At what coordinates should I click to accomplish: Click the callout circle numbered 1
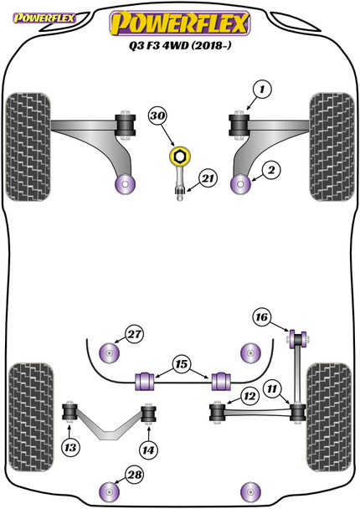tap(262, 89)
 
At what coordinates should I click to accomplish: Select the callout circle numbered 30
tap(158, 116)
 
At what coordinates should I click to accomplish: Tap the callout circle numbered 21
tap(208, 178)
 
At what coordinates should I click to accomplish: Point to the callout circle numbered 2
tap(271, 170)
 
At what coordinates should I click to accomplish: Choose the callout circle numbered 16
tap(262, 316)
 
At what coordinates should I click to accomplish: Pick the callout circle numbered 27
tap(135, 334)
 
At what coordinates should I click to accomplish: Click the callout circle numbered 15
tap(182, 364)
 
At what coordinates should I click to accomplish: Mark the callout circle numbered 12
tap(249, 396)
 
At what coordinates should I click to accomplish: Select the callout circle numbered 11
tap(272, 388)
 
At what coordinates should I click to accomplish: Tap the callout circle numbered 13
tap(70, 448)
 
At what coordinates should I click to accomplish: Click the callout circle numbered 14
tap(148, 450)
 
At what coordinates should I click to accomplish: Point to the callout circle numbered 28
tap(135, 475)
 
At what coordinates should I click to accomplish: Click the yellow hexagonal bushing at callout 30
tap(180, 157)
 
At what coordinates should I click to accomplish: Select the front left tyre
tap(28, 147)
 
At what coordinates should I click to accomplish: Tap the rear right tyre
tap(329, 418)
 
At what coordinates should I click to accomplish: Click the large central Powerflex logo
tap(180, 23)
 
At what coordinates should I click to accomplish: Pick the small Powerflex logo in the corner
tap(44, 18)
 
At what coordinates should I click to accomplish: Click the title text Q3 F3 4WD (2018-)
tap(180, 45)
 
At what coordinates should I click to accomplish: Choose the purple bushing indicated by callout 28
tap(109, 491)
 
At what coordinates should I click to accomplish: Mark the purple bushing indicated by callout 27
tap(109, 353)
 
